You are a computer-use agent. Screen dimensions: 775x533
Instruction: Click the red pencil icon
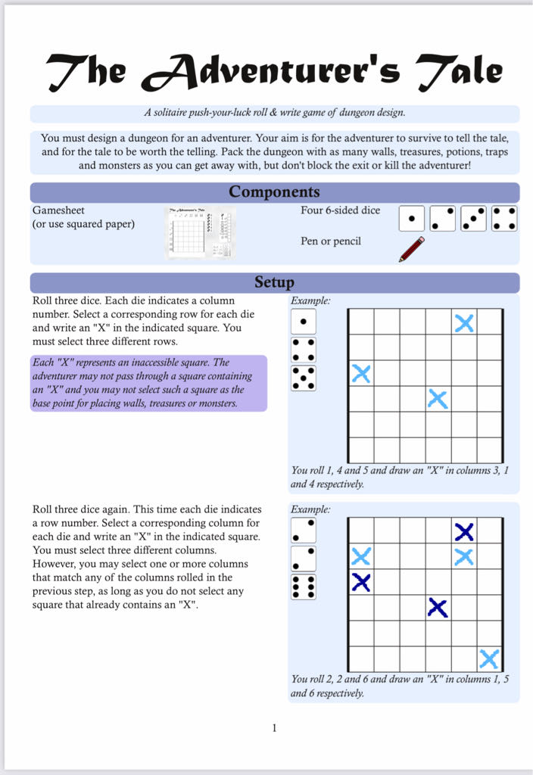412,249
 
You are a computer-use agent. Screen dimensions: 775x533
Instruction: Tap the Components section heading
274,191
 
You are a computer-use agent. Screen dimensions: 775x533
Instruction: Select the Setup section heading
274,282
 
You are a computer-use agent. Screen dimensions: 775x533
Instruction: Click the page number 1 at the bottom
274,728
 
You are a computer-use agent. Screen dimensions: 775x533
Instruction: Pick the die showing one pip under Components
411,219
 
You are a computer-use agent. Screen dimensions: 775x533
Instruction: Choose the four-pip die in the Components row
504,219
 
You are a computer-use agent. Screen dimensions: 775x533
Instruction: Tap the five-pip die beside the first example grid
304,378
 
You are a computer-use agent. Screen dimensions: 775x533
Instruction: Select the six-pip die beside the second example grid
303,587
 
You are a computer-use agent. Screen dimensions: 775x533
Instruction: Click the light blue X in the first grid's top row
464,323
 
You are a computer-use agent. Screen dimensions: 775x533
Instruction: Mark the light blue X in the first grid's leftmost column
361,373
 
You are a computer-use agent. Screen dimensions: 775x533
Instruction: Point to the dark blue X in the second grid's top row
464,531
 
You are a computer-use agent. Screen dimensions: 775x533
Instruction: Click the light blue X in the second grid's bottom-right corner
489,658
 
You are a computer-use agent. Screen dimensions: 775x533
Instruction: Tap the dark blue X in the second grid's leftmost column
361,582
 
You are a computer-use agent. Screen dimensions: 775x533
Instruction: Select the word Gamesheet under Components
58,210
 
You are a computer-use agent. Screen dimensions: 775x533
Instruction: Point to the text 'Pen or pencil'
331,241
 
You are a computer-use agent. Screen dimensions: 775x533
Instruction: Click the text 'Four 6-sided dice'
340,210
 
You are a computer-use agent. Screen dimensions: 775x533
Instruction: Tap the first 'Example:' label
310,300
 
